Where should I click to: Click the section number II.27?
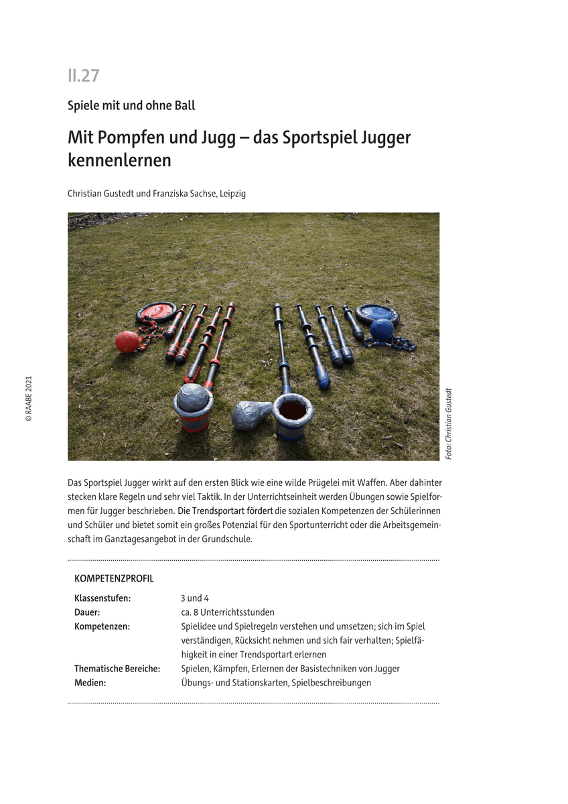(x=83, y=76)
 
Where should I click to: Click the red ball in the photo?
(x=127, y=342)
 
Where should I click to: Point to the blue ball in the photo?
(x=382, y=330)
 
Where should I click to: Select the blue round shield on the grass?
(x=377, y=313)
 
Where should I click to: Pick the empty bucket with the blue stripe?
(x=293, y=416)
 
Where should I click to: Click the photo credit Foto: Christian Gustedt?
(x=449, y=423)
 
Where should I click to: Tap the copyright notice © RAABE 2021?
(x=28, y=399)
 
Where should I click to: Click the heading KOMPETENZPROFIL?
(x=114, y=579)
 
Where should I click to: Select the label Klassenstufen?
(x=102, y=598)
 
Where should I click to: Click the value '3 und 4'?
(x=195, y=598)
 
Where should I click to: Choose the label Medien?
(x=90, y=683)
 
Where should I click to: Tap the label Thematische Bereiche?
(x=117, y=669)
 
